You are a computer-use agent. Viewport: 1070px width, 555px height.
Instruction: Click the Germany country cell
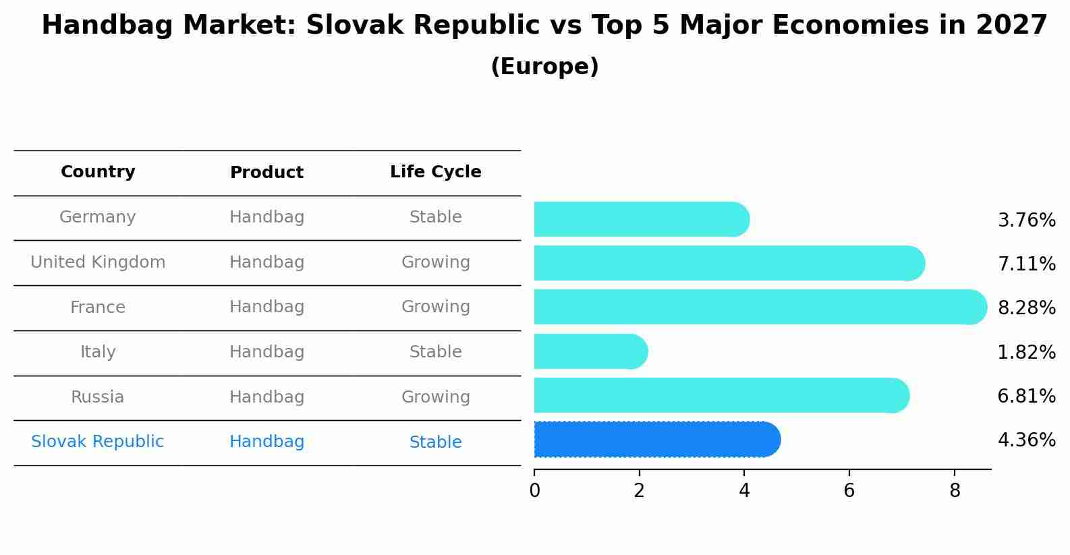(98, 217)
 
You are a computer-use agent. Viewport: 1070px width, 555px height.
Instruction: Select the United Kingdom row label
(98, 262)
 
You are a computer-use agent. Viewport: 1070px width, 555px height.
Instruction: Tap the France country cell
(98, 308)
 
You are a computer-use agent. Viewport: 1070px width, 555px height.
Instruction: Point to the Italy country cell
(98, 352)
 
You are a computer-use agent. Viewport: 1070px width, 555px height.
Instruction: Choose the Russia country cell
(98, 397)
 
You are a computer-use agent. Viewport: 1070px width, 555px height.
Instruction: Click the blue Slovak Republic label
(98, 442)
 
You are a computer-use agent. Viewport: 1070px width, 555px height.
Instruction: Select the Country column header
(98, 172)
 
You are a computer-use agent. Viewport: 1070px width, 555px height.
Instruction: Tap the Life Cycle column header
(436, 172)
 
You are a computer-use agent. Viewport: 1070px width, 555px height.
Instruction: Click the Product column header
(266, 173)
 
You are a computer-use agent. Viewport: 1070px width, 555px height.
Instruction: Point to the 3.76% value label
(1026, 221)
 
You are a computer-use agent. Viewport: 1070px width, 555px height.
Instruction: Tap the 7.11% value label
(1026, 264)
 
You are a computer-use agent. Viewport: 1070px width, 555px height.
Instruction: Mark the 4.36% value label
(1026, 440)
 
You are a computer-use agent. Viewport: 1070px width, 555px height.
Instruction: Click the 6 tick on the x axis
(849, 491)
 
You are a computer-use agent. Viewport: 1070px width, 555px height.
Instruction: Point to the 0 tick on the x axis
(535, 491)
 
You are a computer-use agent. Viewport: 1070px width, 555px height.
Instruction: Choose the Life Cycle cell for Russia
(436, 397)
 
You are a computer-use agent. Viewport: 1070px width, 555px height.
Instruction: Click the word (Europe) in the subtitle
(544, 67)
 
